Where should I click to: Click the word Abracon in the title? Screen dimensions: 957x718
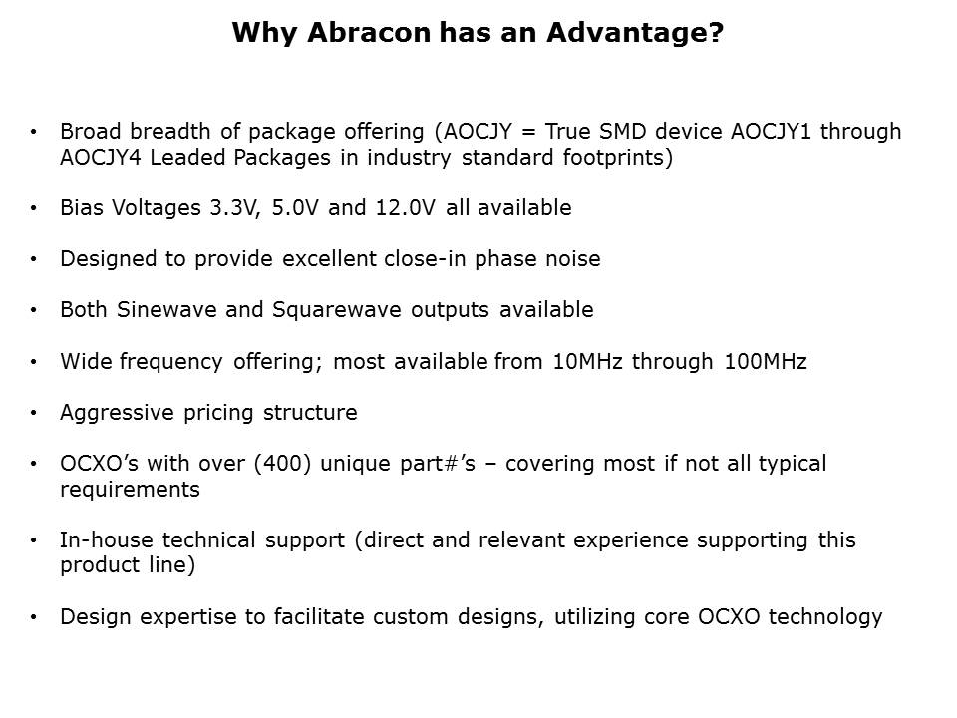pos(369,32)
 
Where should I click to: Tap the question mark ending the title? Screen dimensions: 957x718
pos(717,32)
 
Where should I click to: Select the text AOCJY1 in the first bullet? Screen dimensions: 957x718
pos(771,132)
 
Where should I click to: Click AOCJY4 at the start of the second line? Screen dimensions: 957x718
pos(100,158)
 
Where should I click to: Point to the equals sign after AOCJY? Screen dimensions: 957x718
pos(528,133)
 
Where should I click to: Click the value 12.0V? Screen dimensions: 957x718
pos(406,208)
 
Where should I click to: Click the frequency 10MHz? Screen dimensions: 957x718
pos(587,361)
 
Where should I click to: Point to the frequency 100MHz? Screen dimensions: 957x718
pos(766,361)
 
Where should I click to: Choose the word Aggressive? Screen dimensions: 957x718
pos(118,413)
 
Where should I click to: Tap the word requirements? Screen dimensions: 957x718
pos(130,490)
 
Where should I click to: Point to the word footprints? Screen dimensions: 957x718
pos(618,158)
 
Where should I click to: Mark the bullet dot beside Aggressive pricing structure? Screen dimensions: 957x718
pos(34,413)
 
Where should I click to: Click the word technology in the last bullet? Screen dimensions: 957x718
pos(825,617)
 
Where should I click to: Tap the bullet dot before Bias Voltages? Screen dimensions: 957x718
pos(34,208)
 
